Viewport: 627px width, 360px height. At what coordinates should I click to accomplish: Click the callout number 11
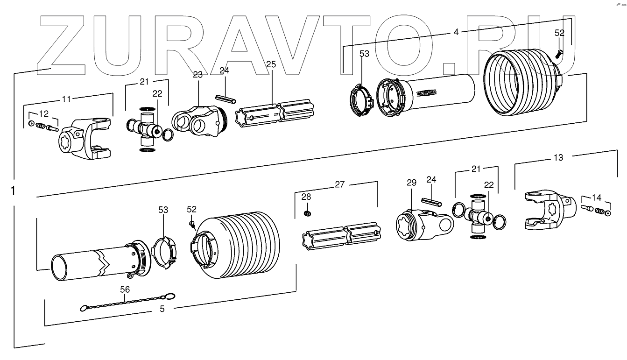pyautogui.click(x=67, y=99)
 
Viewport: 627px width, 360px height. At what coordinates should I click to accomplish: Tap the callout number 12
pyautogui.click(x=43, y=114)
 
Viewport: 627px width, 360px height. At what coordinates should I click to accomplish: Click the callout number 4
pyautogui.click(x=456, y=32)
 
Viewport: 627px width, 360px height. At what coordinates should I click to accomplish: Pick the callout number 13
pyautogui.click(x=558, y=158)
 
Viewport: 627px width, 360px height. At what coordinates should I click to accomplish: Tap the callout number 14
pyautogui.click(x=596, y=197)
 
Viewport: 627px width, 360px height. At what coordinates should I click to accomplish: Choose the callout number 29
pyautogui.click(x=411, y=183)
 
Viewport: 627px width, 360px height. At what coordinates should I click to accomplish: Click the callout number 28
pyautogui.click(x=306, y=196)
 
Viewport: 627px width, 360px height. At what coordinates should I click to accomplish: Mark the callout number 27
pyautogui.click(x=339, y=184)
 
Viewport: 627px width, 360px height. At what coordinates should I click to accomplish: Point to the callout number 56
pyautogui.click(x=125, y=289)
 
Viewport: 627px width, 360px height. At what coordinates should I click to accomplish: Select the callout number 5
pyautogui.click(x=162, y=309)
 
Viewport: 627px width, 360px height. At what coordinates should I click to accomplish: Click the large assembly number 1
pyautogui.click(x=13, y=191)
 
